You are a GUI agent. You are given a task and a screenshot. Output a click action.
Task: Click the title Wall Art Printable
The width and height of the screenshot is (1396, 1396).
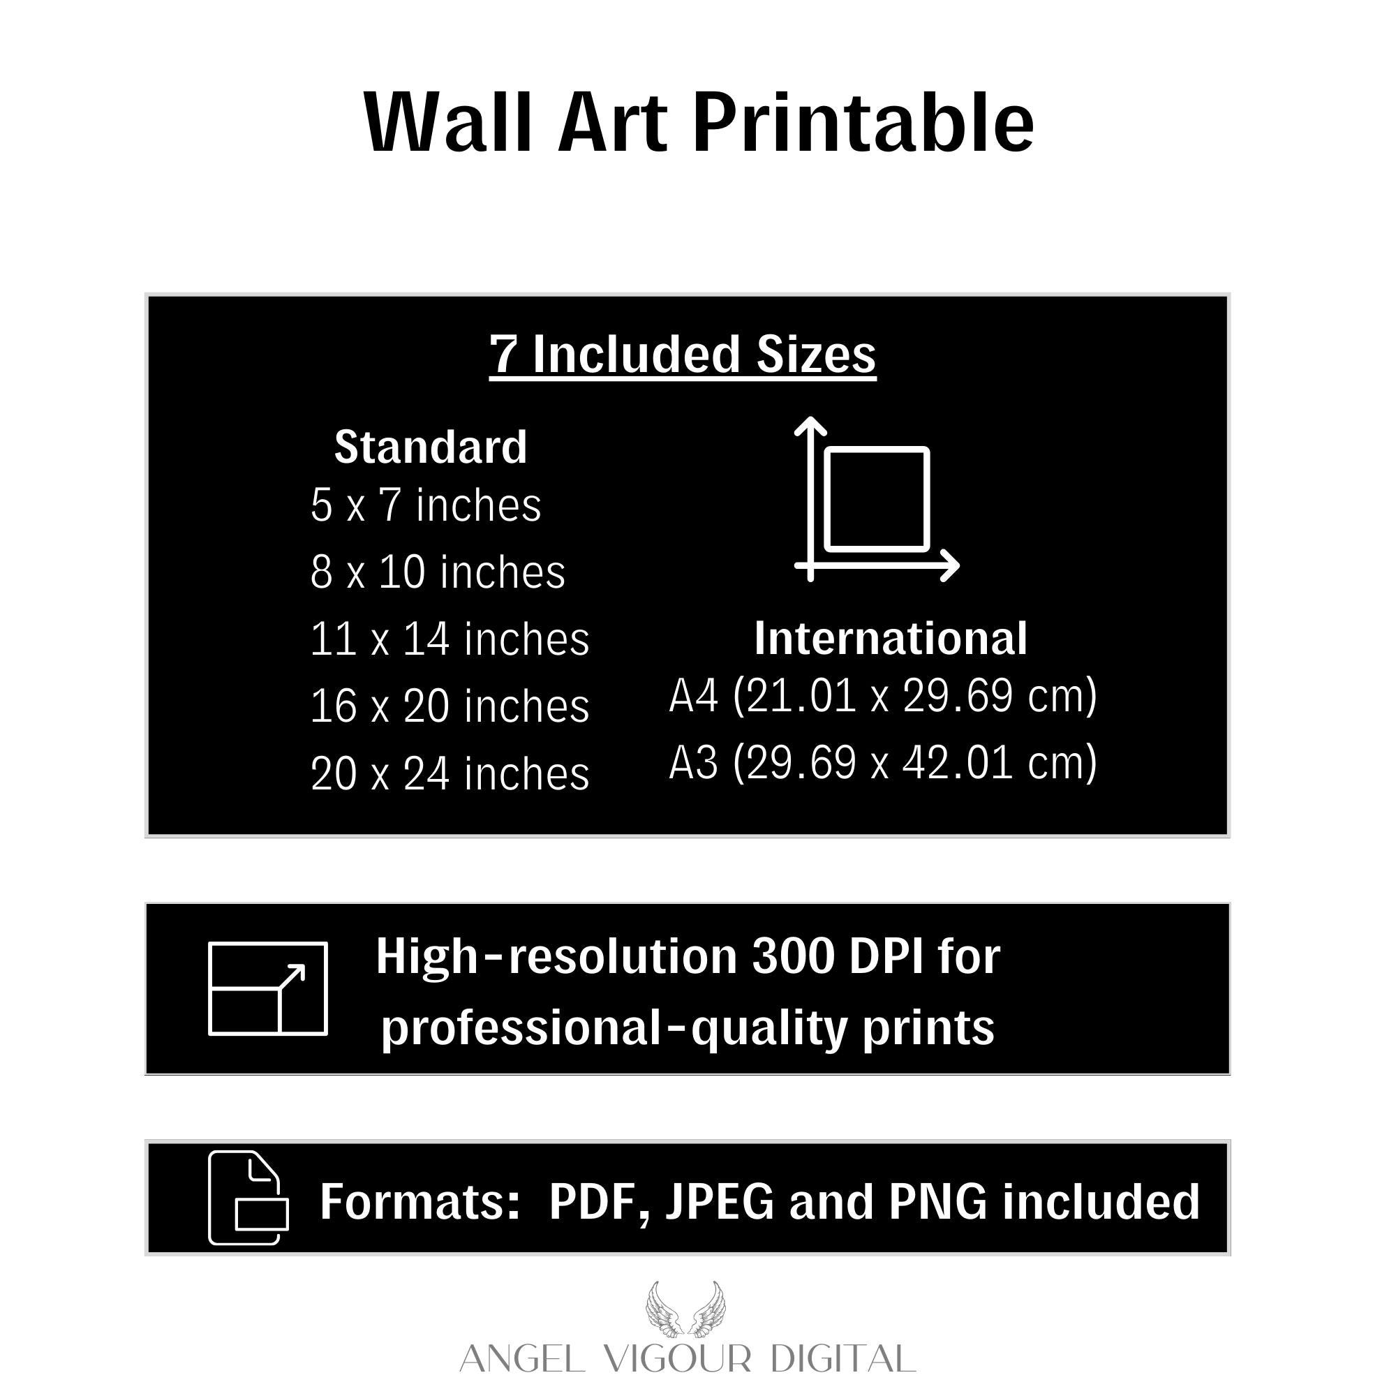(698, 123)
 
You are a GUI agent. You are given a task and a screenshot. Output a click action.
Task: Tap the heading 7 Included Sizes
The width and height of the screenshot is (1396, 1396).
(683, 355)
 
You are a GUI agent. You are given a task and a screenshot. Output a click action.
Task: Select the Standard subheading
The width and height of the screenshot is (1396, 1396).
(431, 447)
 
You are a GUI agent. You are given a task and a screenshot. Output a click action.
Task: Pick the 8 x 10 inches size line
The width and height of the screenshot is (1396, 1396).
(438, 572)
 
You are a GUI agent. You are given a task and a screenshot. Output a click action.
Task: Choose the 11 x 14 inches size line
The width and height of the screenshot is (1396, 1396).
(450, 639)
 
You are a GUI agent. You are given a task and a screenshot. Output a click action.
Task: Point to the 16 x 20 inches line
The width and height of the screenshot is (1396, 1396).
(450, 706)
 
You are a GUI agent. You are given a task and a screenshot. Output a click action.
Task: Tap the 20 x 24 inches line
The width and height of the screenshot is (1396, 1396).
(450, 773)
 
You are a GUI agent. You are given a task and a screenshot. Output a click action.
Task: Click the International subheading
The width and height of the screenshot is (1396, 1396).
(890, 639)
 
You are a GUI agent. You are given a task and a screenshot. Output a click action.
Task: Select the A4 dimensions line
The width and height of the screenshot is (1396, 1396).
(883, 696)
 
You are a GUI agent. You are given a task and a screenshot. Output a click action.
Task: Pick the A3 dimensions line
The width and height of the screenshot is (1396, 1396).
(883, 763)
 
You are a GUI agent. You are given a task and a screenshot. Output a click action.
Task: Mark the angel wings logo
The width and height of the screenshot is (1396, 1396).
(685, 1309)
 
